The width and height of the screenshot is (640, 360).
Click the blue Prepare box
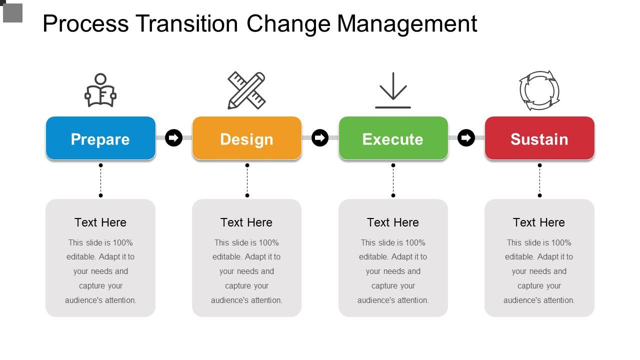[100, 138]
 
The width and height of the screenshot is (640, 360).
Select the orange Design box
[247, 138]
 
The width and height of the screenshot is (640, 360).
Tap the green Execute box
[393, 138]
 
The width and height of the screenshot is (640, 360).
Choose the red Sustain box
[539, 138]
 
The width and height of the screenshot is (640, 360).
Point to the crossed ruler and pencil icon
[246, 90]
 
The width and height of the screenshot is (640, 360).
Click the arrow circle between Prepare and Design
[173, 137]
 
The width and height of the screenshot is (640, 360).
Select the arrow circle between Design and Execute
[320, 137]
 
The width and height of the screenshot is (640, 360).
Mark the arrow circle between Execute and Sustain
[466, 137]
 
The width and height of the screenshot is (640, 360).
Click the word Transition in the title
[186, 23]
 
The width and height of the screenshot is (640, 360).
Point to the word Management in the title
[407, 25]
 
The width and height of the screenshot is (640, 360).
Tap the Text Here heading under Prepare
[100, 222]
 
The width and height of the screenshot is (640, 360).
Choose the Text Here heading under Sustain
[539, 222]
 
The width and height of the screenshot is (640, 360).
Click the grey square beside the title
[12, 13]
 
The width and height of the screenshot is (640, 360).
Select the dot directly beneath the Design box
[247, 165]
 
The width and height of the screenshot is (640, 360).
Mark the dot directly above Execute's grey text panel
[393, 195]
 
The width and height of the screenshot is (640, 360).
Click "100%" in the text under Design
[268, 243]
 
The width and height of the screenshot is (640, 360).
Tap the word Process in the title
[85, 23]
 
